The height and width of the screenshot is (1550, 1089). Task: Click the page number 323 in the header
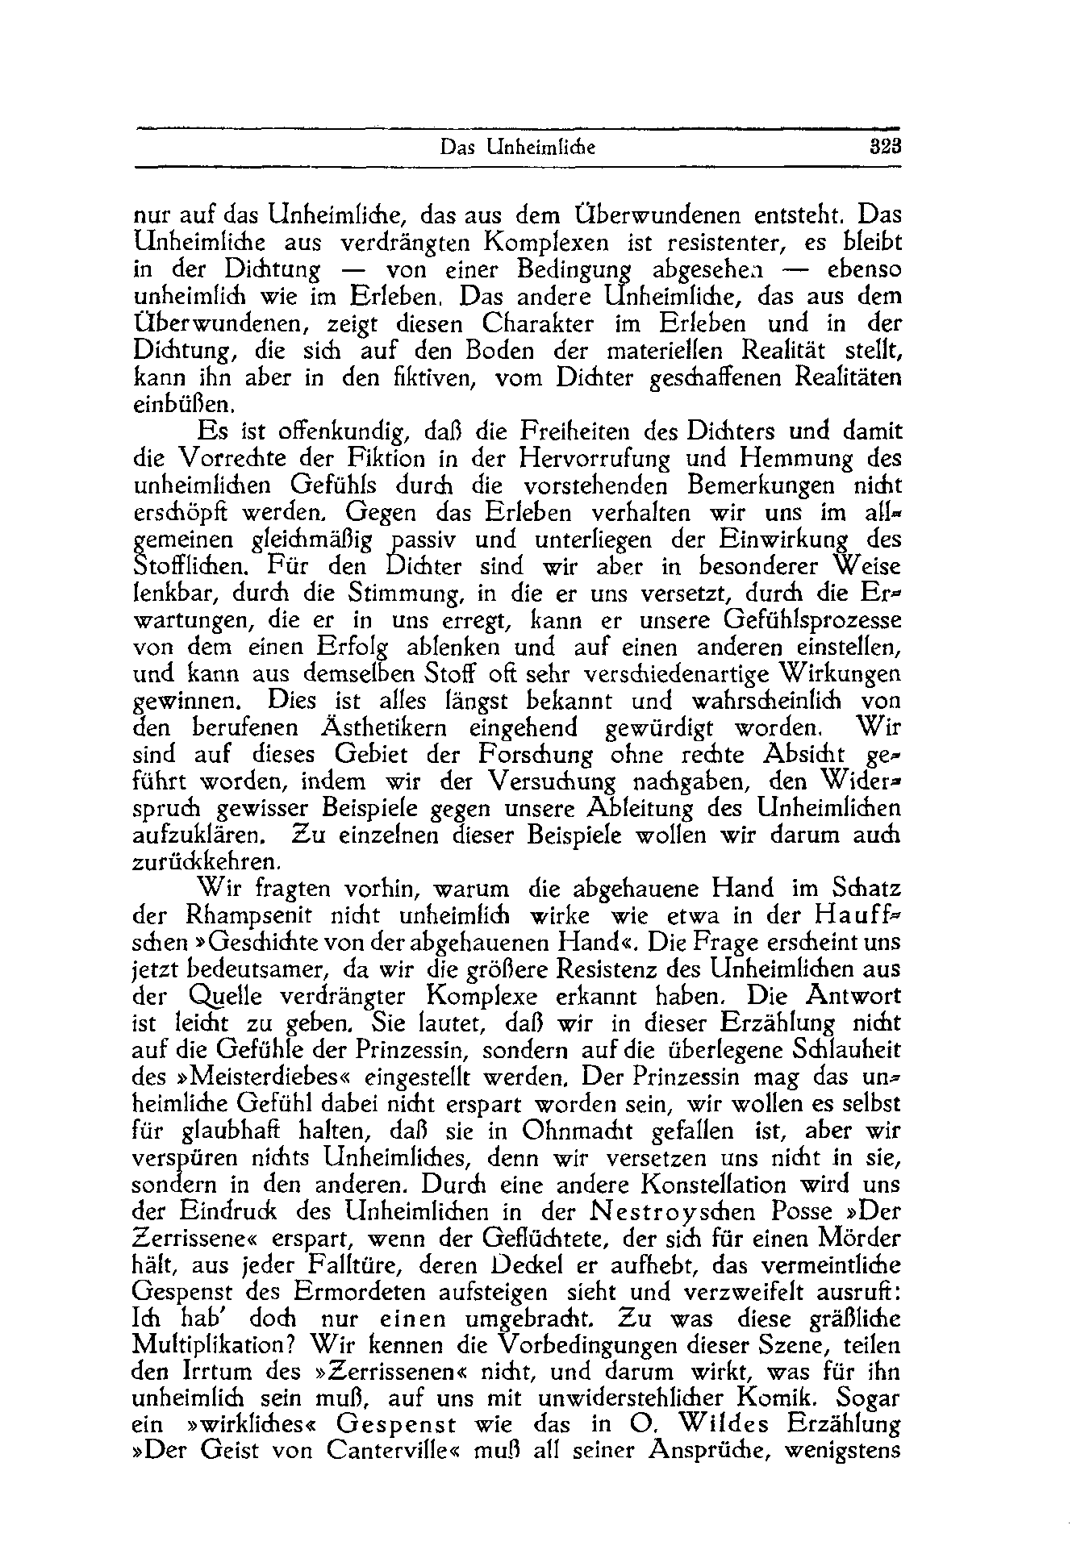(x=884, y=148)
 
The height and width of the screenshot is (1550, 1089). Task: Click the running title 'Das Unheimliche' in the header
(x=517, y=148)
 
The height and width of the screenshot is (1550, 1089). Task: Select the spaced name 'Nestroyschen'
(x=653, y=1212)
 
